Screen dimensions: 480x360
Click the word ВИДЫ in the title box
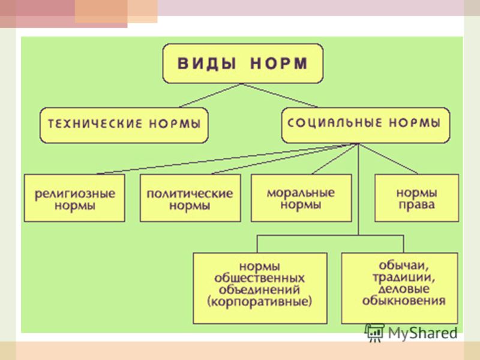tap(206, 64)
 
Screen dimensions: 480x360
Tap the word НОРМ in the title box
tap(279, 64)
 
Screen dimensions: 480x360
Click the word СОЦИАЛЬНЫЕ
tap(335, 123)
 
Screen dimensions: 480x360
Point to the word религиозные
tap(74, 194)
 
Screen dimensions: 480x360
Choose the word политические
tap(190, 194)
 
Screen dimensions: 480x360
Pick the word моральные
tap(301, 193)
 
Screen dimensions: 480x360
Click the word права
tap(416, 205)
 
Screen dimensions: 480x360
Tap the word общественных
tap(259, 278)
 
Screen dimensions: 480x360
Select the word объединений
tap(259, 290)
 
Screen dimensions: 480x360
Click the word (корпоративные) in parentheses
tap(260, 302)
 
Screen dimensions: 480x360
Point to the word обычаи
tap(404, 265)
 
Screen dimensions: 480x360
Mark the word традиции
tap(404, 277)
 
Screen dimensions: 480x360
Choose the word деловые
tap(404, 289)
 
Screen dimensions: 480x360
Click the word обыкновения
tap(404, 301)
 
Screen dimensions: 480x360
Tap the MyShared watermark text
tap(422, 333)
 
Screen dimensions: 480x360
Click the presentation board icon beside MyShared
tap(374, 332)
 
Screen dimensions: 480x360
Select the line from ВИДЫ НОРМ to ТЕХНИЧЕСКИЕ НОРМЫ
tap(211, 95)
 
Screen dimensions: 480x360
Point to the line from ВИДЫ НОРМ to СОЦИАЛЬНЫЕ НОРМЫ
tap(280, 95)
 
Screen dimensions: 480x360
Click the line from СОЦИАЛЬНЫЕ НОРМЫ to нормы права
tap(388, 158)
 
